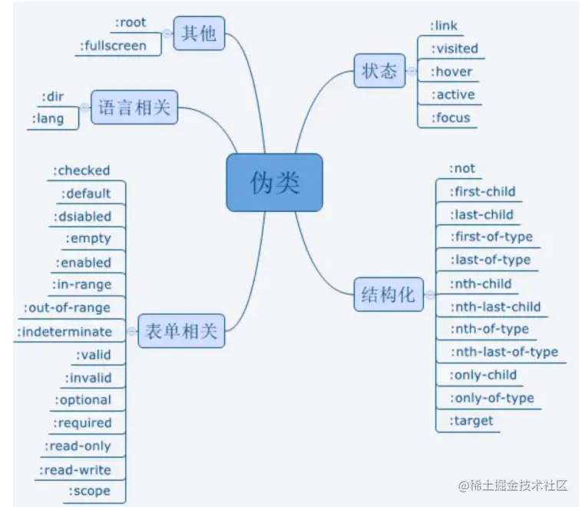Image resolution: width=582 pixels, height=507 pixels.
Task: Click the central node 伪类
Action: click(x=274, y=182)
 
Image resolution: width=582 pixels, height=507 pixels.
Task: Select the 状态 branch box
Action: click(x=379, y=71)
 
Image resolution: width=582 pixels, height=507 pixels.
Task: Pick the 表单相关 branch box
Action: click(x=180, y=332)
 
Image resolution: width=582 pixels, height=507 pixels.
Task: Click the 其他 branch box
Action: click(x=199, y=34)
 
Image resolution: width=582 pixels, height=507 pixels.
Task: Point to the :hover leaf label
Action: click(x=452, y=71)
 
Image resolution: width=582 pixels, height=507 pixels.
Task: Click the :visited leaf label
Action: click(x=455, y=48)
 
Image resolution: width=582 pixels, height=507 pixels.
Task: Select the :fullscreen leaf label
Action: click(x=113, y=46)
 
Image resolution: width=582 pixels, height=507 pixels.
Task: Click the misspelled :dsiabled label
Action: click(x=83, y=217)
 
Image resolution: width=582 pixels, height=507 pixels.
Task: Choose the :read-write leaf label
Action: click(x=75, y=469)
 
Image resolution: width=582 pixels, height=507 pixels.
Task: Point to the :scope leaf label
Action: click(x=89, y=491)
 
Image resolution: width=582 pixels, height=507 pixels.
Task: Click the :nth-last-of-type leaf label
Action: click(x=504, y=352)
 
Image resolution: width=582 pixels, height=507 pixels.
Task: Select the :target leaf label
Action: click(x=471, y=420)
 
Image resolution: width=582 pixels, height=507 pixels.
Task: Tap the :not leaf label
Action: click(x=462, y=168)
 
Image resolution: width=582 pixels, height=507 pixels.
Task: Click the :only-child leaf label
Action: click(x=483, y=375)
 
